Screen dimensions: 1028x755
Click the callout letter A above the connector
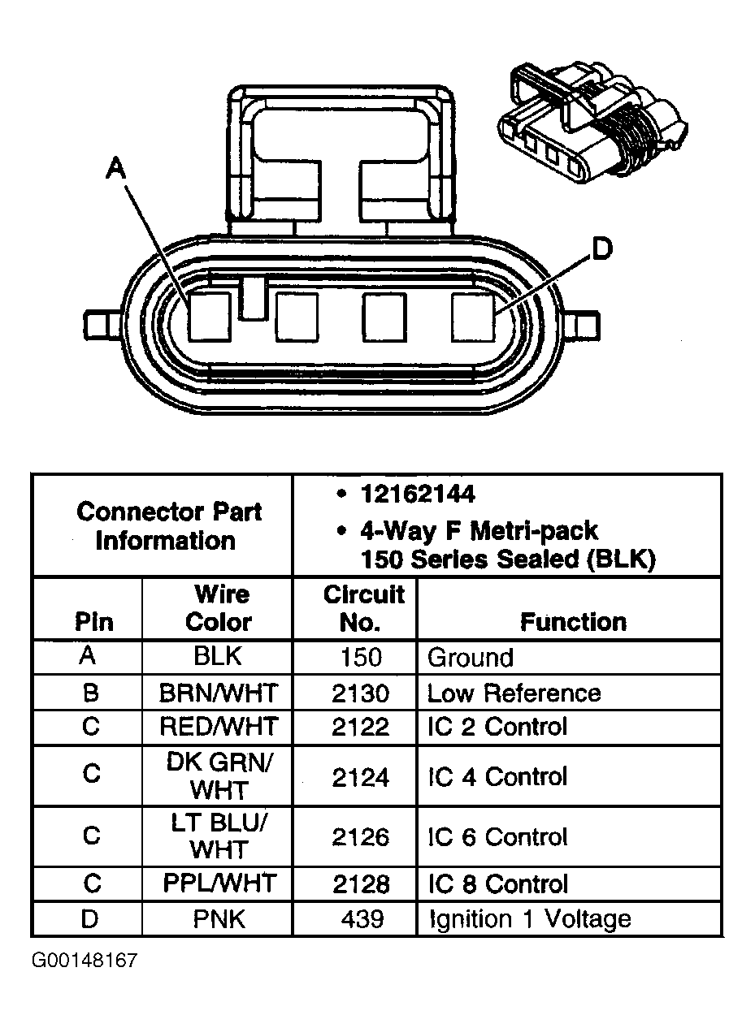[117, 168]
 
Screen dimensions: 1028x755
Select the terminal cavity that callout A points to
[210, 316]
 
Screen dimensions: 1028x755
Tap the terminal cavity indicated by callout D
[473, 316]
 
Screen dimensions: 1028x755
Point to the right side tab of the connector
[587, 326]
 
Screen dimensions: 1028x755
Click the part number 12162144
[418, 495]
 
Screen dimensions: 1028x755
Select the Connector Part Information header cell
[168, 526]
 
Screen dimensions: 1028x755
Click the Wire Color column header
[218, 608]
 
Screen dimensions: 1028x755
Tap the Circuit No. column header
[363, 608]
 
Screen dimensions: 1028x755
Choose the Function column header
[573, 622]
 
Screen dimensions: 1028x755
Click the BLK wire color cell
[218, 656]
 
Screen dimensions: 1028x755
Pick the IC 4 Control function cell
[497, 776]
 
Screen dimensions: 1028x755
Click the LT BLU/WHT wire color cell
[218, 836]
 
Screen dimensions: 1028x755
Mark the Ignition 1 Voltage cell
[528, 918]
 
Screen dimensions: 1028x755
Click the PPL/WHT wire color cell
[219, 883]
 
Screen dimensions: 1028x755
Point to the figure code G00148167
[85, 961]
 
